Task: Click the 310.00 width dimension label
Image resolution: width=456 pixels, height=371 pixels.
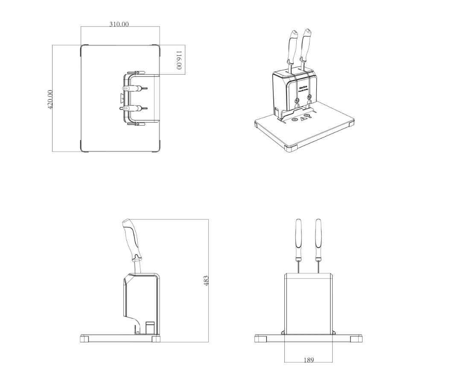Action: pos(119,24)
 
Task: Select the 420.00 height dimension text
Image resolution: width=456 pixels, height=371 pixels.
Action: pos(50,99)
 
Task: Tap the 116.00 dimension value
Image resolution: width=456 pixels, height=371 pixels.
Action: pos(179,60)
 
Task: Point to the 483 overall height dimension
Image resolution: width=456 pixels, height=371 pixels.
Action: pos(206,280)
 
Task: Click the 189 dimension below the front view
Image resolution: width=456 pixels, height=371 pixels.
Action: pos(308,360)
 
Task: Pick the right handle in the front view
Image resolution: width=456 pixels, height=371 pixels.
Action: pos(318,239)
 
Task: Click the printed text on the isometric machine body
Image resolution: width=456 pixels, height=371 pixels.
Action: pos(304,90)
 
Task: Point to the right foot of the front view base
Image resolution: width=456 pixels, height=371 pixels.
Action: pos(355,339)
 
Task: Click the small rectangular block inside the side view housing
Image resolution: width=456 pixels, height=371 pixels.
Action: pos(150,327)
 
